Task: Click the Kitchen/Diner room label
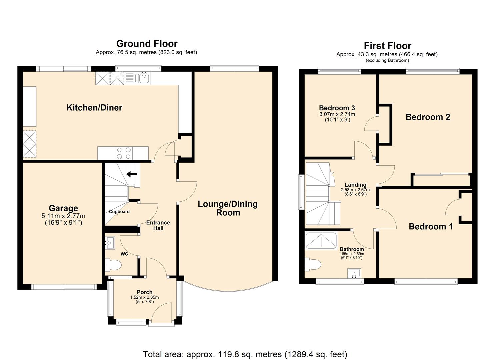94,108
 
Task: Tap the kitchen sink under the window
144,78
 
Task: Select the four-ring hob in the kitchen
123,153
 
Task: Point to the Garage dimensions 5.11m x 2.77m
63,216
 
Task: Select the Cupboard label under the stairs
119,212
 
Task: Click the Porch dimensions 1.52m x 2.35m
144,297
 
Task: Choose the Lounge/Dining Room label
228,208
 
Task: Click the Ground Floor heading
147,44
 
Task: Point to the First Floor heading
387,46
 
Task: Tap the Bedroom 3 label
337,108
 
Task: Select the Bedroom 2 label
428,117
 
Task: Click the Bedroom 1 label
431,227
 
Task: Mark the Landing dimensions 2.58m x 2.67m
355,190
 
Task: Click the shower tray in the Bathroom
321,240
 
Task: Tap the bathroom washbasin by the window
354,273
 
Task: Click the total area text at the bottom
245,354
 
